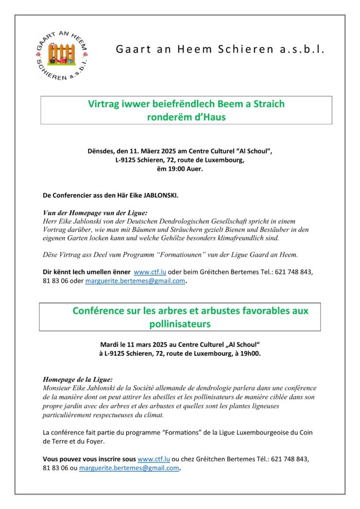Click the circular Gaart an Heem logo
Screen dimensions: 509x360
click(62, 55)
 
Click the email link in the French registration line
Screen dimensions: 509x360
click(129, 468)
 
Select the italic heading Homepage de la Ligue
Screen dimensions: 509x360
click(78, 379)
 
